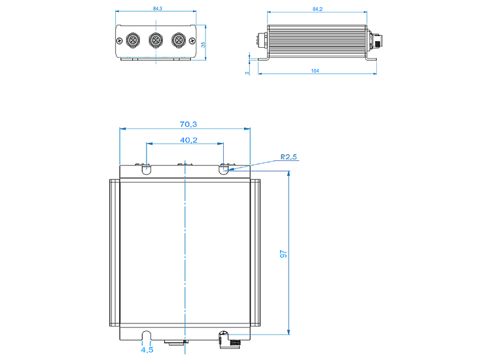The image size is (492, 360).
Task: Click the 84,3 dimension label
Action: click(x=158, y=9)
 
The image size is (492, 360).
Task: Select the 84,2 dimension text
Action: click(x=317, y=9)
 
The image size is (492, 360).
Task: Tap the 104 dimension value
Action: click(x=315, y=71)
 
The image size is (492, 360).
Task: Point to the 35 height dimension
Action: click(x=203, y=45)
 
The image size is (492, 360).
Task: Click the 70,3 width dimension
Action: click(x=188, y=124)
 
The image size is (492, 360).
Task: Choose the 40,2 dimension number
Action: click(x=188, y=140)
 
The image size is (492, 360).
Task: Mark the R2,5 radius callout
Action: click(x=289, y=157)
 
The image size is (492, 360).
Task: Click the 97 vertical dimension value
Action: click(x=283, y=254)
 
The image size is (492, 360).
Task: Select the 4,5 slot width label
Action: click(x=147, y=350)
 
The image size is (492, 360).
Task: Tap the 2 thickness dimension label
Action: click(x=247, y=73)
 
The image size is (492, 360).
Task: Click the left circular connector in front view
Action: click(x=133, y=40)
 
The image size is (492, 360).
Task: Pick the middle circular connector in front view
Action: click(x=156, y=40)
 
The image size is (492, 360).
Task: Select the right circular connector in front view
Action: click(x=179, y=40)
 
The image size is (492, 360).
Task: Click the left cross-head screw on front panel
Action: click(x=119, y=41)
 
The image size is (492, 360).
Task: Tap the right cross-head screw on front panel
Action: click(x=192, y=41)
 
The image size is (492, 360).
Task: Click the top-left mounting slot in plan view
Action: click(x=146, y=170)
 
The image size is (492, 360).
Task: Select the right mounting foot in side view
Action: click(x=372, y=58)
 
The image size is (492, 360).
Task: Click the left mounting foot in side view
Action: click(x=263, y=58)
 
